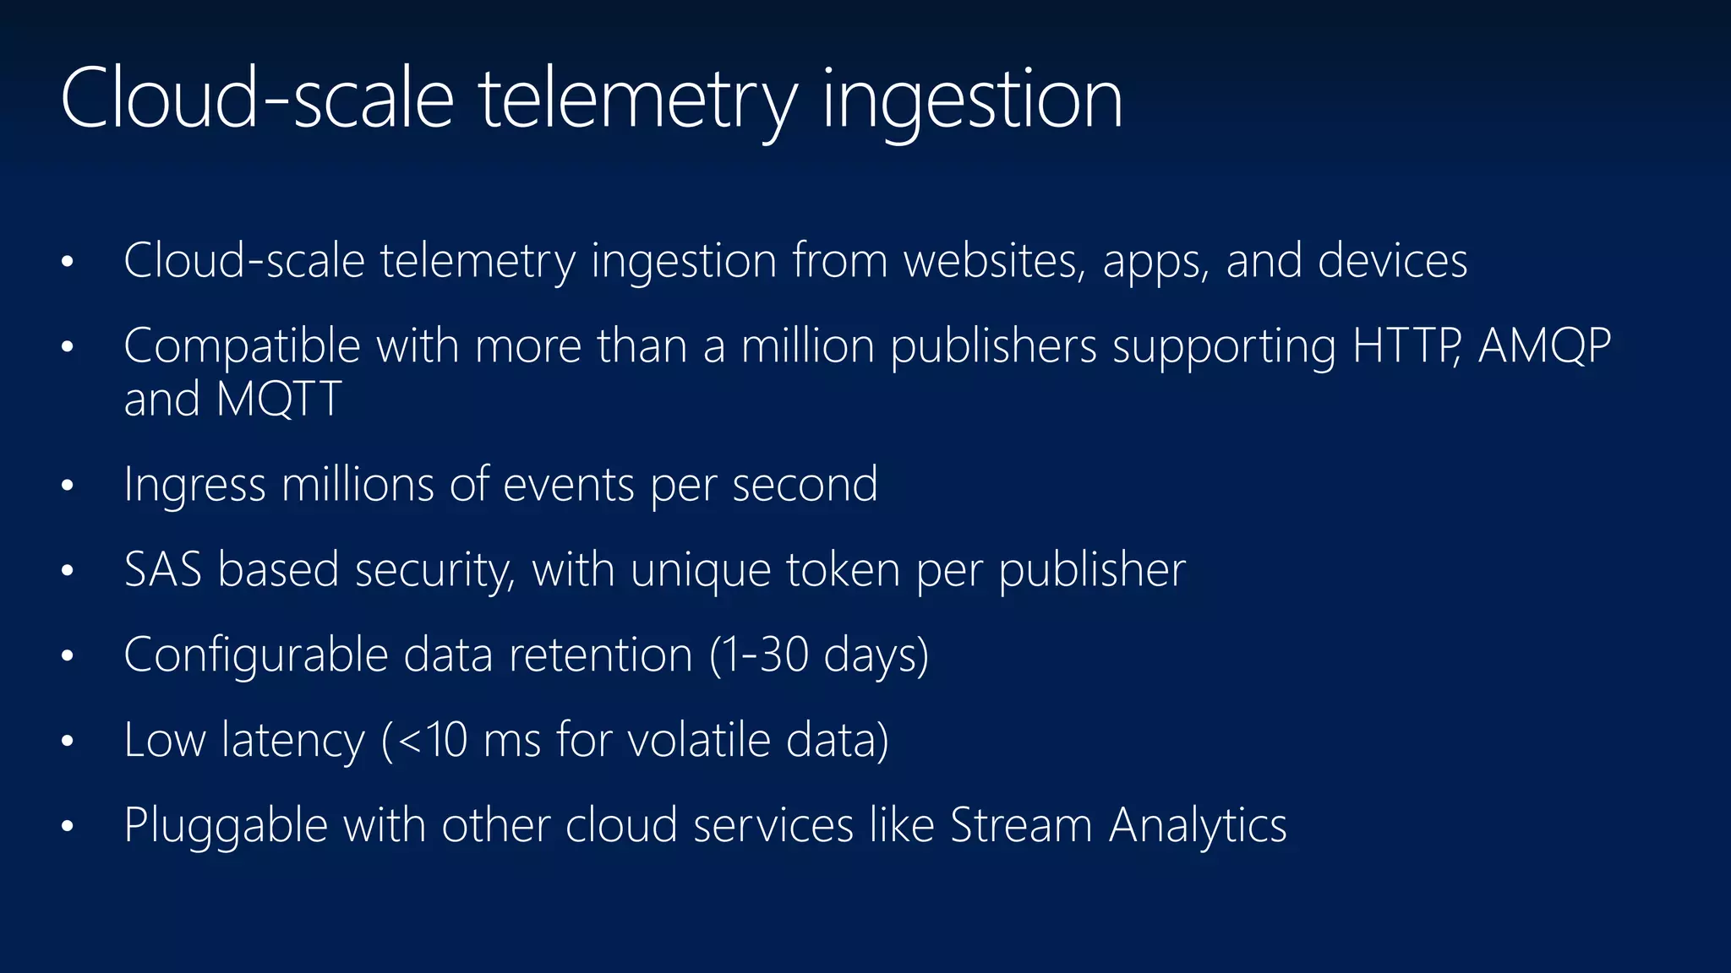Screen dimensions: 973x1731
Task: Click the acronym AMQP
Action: [x=1544, y=346]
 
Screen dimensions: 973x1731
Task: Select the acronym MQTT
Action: [x=279, y=399]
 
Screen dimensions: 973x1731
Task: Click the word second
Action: [x=805, y=485]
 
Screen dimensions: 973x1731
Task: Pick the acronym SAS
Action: [x=162, y=570]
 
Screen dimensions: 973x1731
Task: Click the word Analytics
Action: [x=1198, y=826]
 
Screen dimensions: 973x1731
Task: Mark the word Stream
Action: [x=1021, y=825]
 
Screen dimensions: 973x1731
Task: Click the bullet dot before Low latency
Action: [x=68, y=742]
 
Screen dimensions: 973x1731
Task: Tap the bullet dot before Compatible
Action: [x=68, y=347]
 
